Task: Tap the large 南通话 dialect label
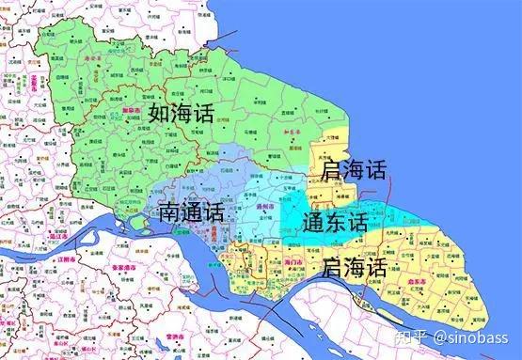click(x=190, y=209)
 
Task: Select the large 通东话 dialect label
click(x=336, y=223)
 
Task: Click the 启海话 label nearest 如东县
click(x=353, y=170)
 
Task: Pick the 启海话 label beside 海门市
click(x=353, y=269)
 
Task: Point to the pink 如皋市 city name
click(x=132, y=111)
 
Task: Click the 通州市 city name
click(x=265, y=204)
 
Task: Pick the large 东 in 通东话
click(x=336, y=223)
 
